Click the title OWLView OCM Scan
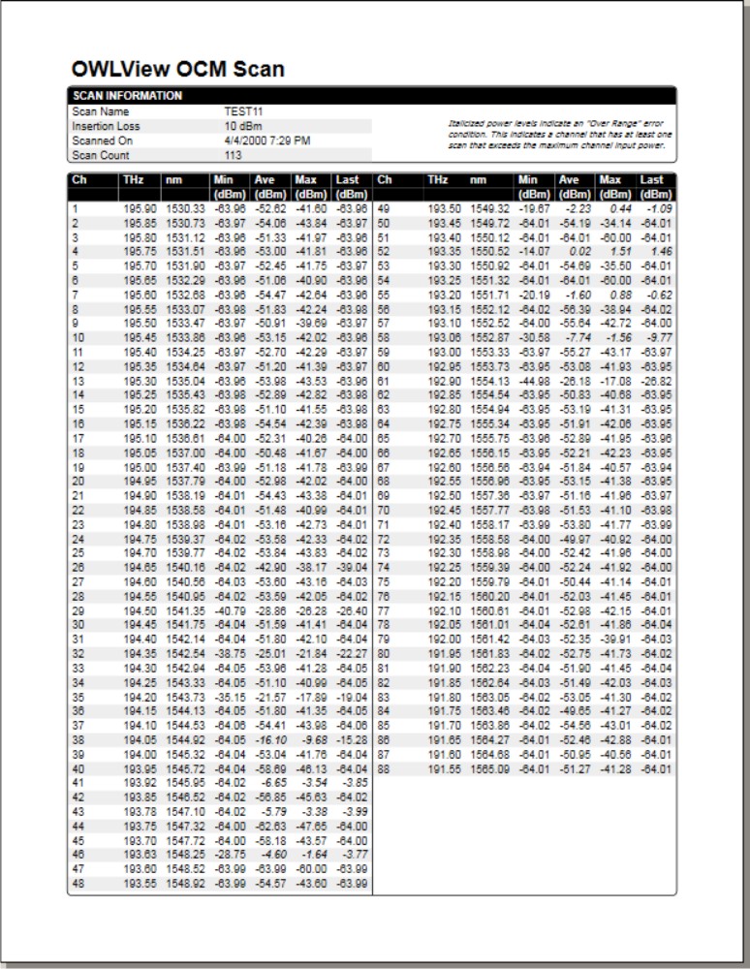pos(178,69)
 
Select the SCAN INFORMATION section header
pos(127,96)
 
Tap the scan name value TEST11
pos(242,111)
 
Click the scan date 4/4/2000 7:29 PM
pos(267,141)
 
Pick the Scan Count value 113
pos(234,155)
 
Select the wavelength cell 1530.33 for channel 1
pos(184,208)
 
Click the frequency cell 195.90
pos(139,208)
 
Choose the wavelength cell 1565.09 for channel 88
pos(489,769)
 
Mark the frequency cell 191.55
pos(444,769)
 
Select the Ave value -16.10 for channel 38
pos(271,740)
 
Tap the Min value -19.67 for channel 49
pos(533,208)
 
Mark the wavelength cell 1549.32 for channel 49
pos(489,208)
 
